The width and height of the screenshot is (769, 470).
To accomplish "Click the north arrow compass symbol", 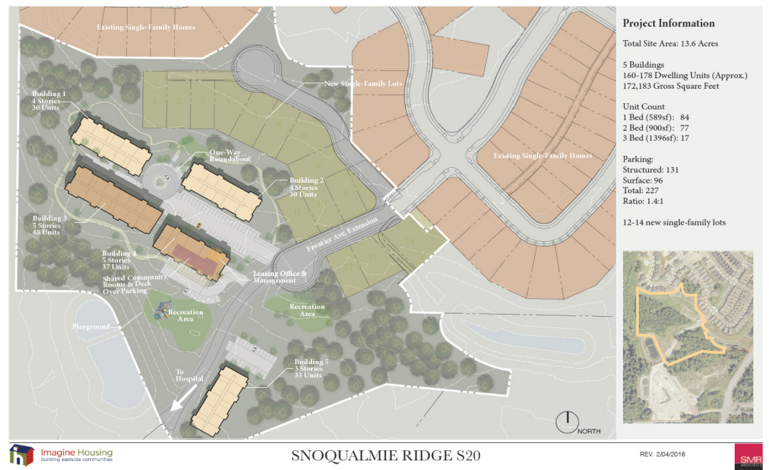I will (x=565, y=422).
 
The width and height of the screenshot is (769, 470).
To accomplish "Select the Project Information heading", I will (x=668, y=24).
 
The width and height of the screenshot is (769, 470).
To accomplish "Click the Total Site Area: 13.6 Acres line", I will (x=670, y=44).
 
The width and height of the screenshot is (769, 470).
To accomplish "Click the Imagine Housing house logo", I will (x=22, y=455).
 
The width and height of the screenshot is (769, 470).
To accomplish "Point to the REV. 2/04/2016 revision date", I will (x=663, y=454).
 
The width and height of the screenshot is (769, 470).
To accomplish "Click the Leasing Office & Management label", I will (x=280, y=277).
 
